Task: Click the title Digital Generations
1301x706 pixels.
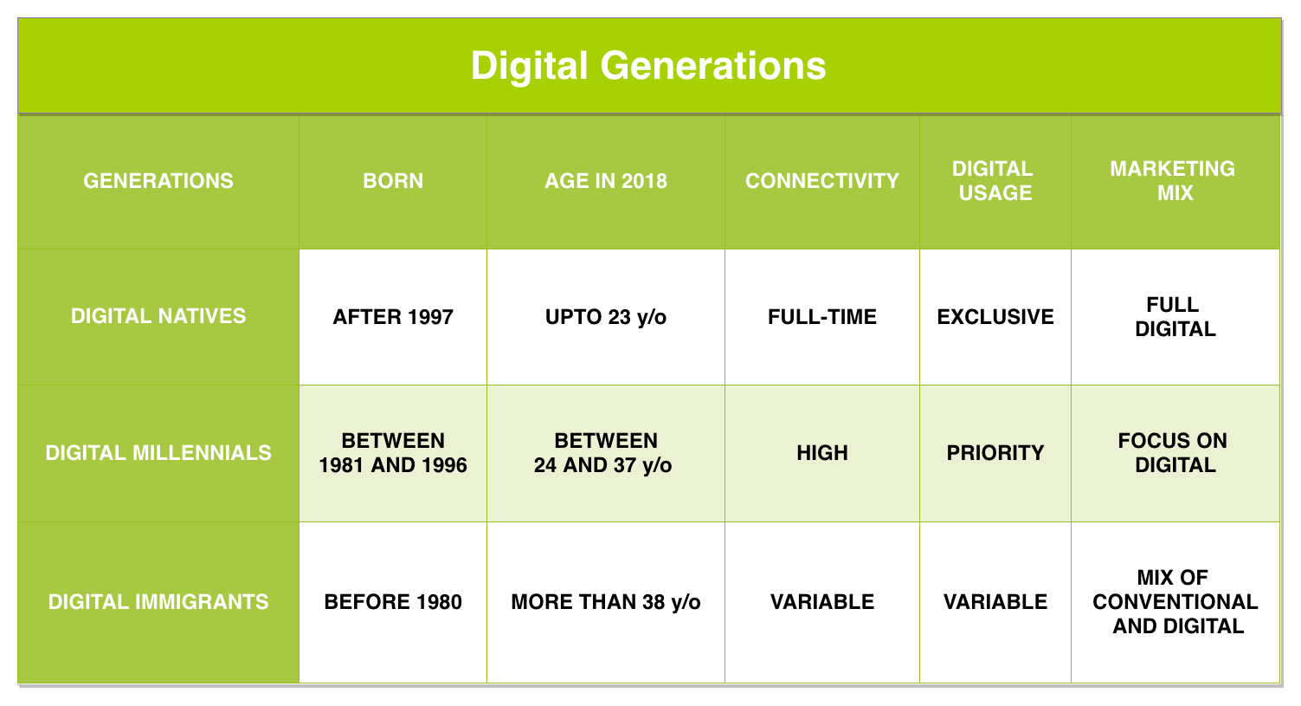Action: [648, 66]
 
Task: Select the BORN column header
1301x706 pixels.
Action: [393, 181]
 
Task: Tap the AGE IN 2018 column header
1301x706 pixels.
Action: [606, 181]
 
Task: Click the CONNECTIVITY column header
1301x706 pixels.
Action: [821, 181]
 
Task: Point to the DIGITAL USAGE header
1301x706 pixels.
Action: [995, 181]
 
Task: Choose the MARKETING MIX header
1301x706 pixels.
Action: [1175, 181]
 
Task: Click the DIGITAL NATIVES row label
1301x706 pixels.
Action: [158, 316]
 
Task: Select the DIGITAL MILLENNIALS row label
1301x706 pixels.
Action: [158, 453]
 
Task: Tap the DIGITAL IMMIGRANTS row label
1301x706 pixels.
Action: [158, 602]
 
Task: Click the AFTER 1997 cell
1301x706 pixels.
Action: [393, 317]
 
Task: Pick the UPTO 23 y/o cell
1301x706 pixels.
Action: [606, 317]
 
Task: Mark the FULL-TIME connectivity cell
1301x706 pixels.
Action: [821, 317]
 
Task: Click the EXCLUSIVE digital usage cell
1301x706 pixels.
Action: [995, 317]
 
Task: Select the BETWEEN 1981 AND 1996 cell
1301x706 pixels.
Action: [393, 453]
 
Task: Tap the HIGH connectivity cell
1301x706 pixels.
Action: [821, 453]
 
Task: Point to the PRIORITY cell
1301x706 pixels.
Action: [995, 453]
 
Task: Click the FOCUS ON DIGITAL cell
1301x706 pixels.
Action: [1175, 453]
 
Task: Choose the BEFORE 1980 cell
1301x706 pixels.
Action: [393, 602]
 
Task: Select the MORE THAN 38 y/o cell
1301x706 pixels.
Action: [606, 602]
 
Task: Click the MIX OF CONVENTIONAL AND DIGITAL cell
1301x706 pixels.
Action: [1175, 602]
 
